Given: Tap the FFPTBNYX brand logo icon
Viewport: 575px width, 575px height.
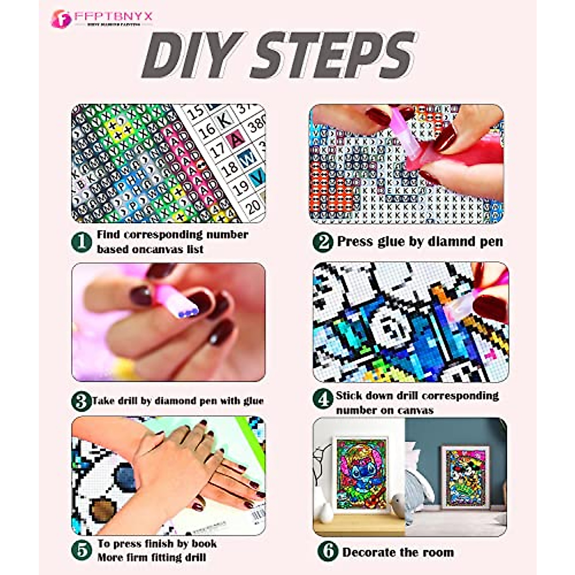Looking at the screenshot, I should pyautogui.click(x=61, y=19).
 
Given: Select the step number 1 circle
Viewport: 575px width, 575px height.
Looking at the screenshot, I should pyautogui.click(x=81, y=242).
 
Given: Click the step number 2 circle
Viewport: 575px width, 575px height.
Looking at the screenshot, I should pyautogui.click(x=323, y=242).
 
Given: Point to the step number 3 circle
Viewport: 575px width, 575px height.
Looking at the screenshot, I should pyautogui.click(x=81, y=401).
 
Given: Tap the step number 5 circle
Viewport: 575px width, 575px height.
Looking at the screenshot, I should pyautogui.click(x=81, y=551).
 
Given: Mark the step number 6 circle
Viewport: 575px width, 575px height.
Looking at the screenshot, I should pyautogui.click(x=328, y=552).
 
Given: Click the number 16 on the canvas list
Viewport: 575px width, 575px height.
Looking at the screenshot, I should pyautogui.click(x=207, y=130).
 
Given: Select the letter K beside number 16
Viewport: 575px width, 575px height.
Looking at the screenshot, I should pyautogui.click(x=225, y=120).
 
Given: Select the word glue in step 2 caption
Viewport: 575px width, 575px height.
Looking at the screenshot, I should pyautogui.click(x=389, y=241).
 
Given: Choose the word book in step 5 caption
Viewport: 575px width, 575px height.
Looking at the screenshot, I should pyautogui.click(x=204, y=544).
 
